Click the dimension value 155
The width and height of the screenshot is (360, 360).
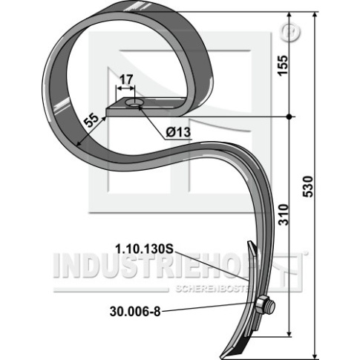click(283, 65)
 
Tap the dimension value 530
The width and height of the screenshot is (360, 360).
click(308, 186)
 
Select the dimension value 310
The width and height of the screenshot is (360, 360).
click(284, 215)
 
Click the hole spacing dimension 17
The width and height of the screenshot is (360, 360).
click(126, 79)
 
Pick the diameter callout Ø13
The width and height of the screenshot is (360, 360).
click(178, 132)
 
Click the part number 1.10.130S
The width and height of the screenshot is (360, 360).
click(145, 249)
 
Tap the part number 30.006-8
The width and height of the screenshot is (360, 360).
click(135, 312)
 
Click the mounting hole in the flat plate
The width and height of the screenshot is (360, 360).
click(134, 103)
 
